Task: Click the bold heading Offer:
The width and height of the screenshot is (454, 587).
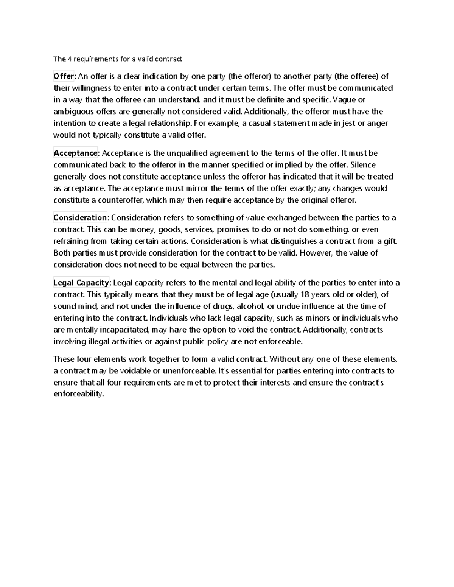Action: (x=65, y=76)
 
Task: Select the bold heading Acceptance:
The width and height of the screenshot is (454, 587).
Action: (x=76, y=153)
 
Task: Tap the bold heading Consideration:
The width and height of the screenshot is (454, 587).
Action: (x=81, y=218)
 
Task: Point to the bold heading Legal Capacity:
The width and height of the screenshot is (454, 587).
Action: (x=81, y=283)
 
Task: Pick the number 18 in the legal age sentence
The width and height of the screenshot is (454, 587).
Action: (x=304, y=294)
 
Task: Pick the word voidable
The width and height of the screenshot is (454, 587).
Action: (x=137, y=371)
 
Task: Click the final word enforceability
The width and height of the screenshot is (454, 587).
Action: (x=78, y=394)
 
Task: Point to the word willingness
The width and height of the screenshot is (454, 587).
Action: (x=90, y=88)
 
